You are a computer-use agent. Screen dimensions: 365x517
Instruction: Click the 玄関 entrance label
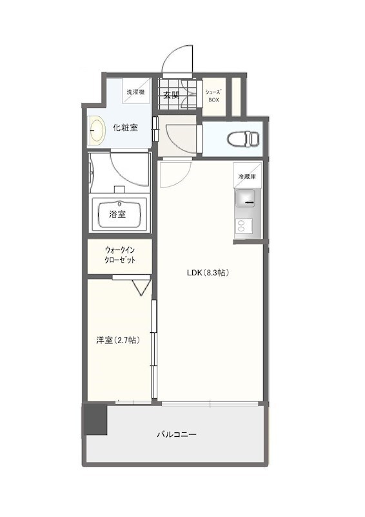[x=172, y=96]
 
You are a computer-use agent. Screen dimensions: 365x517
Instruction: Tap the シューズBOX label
[x=213, y=96]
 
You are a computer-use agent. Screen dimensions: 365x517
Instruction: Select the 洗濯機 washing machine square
[x=136, y=92]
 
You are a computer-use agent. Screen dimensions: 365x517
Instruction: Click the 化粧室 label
[x=125, y=127]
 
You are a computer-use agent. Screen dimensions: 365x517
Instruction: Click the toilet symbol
[x=243, y=138]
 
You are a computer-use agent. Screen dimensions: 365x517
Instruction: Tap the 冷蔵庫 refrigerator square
[x=248, y=176]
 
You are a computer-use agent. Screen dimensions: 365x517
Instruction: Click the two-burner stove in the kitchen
[x=244, y=227]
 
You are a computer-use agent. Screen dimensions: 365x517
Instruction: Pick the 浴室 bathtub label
[x=117, y=215]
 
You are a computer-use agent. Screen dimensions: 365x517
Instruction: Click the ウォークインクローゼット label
[x=120, y=255]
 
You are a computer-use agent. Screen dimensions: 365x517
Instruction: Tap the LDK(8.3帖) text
[x=208, y=273]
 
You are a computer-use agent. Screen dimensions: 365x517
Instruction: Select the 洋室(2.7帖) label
[x=118, y=341]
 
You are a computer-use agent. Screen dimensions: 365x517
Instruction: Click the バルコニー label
[x=177, y=434]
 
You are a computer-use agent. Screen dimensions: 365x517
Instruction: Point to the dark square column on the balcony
[x=95, y=419]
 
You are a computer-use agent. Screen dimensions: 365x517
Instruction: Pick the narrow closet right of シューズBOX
[x=236, y=96]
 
